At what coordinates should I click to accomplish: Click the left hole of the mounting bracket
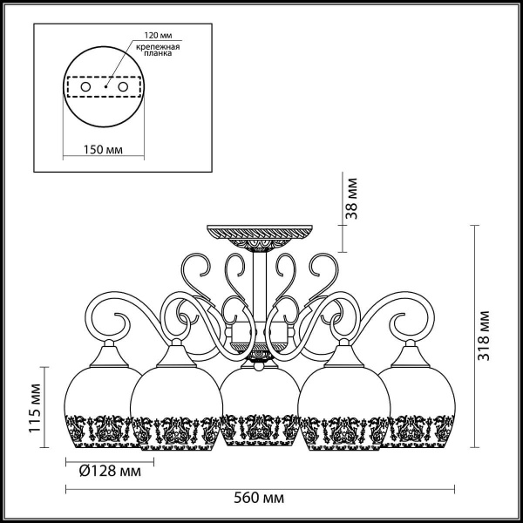pos(85,88)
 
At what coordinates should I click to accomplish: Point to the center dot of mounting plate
pos(105,88)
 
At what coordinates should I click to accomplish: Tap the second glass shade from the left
pos(174,405)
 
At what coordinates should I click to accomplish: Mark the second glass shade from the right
pos(345,405)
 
